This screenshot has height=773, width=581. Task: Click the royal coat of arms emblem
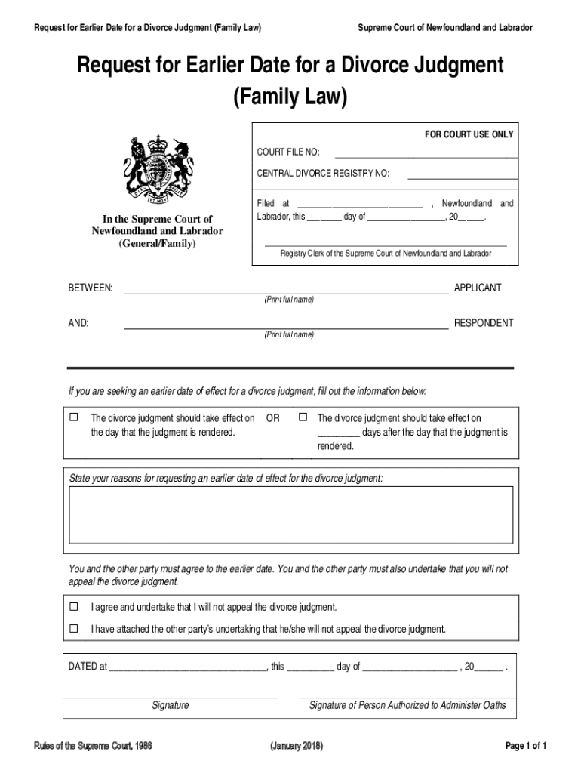click(158, 170)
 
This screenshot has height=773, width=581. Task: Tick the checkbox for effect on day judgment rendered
click(74, 417)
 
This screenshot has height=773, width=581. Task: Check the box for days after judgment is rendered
click(303, 417)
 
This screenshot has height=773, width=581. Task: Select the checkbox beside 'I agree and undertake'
click(74, 607)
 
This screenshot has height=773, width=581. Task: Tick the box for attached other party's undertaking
click(74, 628)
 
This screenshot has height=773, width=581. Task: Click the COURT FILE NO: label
click(288, 152)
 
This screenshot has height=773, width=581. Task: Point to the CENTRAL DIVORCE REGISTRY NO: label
click(323, 174)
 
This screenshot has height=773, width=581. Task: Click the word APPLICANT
click(477, 288)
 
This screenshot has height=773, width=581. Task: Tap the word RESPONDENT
click(483, 323)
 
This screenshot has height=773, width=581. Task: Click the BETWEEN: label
click(91, 288)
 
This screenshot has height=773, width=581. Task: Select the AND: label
click(78, 323)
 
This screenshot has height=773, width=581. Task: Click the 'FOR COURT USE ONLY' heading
click(469, 134)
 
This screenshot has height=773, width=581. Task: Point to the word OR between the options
click(273, 418)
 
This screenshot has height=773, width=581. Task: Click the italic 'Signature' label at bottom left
click(171, 706)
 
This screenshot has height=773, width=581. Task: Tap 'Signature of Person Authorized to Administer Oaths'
click(407, 706)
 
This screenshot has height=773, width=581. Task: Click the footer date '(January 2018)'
click(297, 747)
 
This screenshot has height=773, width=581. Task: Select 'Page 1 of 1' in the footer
click(525, 747)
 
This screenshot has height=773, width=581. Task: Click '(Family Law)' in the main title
click(290, 97)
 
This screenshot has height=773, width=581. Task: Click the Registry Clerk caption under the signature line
click(386, 254)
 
